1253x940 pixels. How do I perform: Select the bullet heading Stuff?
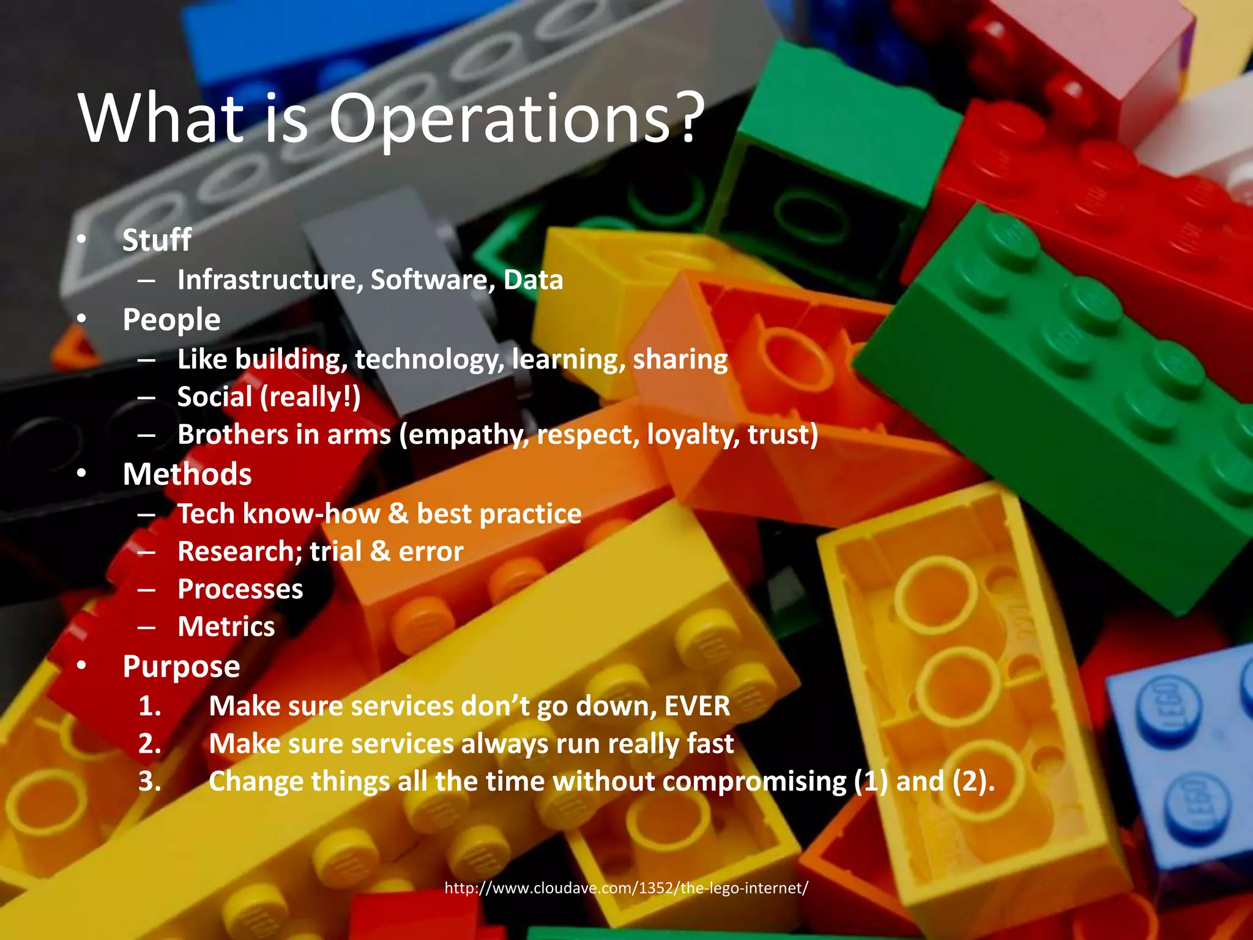(x=157, y=240)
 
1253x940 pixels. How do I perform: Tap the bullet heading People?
(x=171, y=320)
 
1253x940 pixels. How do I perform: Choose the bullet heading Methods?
(x=187, y=474)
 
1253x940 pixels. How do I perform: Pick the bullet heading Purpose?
(x=181, y=666)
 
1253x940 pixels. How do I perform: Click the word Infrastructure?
(x=267, y=280)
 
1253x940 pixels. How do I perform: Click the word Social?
(x=215, y=397)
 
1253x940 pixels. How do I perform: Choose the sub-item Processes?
(x=240, y=589)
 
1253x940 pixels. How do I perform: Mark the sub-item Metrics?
(x=226, y=627)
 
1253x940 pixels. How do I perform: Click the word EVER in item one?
(x=697, y=706)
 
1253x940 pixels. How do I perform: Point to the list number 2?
(x=149, y=744)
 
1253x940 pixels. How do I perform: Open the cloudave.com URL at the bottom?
(x=626, y=888)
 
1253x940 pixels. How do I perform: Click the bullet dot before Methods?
(x=82, y=475)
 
